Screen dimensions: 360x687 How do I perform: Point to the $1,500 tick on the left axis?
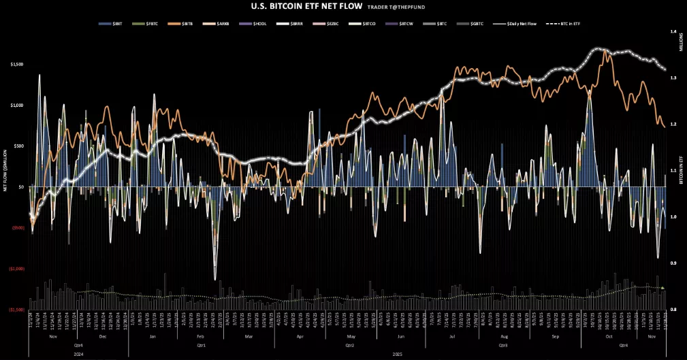(17, 65)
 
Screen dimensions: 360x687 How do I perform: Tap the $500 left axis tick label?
(18, 146)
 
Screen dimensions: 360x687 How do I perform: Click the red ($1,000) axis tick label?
(16, 269)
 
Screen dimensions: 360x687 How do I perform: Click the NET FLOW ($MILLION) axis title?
(5, 170)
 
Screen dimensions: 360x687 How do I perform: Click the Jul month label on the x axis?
(452, 337)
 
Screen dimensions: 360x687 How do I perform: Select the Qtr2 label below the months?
(350, 345)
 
